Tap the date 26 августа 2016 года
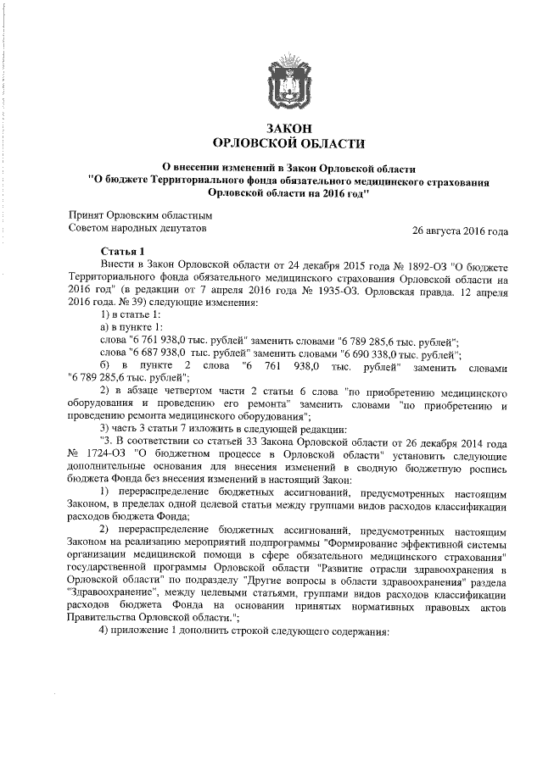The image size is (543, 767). pyautogui.click(x=460, y=231)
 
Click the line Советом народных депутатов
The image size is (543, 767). pyautogui.click(x=136, y=227)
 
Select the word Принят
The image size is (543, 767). pyautogui.click(x=87, y=214)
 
